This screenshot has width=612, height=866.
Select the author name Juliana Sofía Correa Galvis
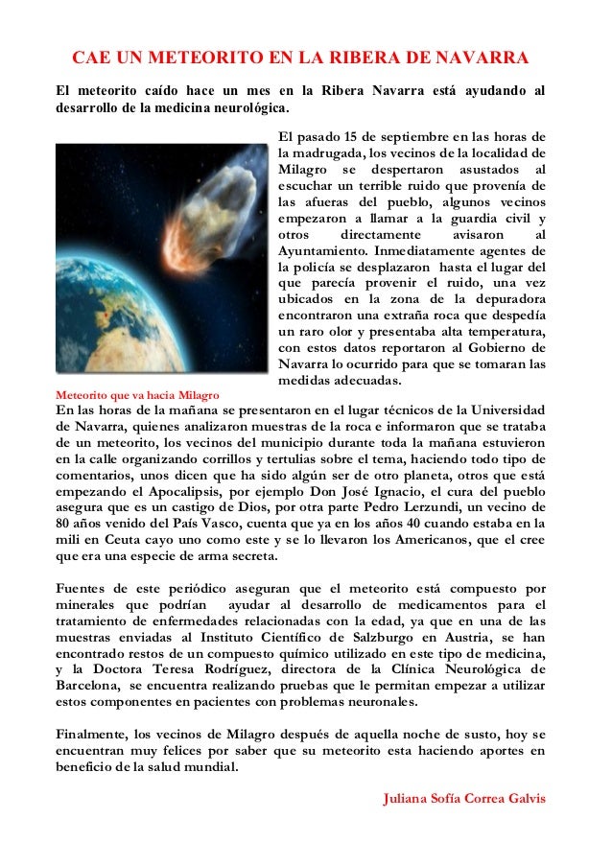coord(463,798)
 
